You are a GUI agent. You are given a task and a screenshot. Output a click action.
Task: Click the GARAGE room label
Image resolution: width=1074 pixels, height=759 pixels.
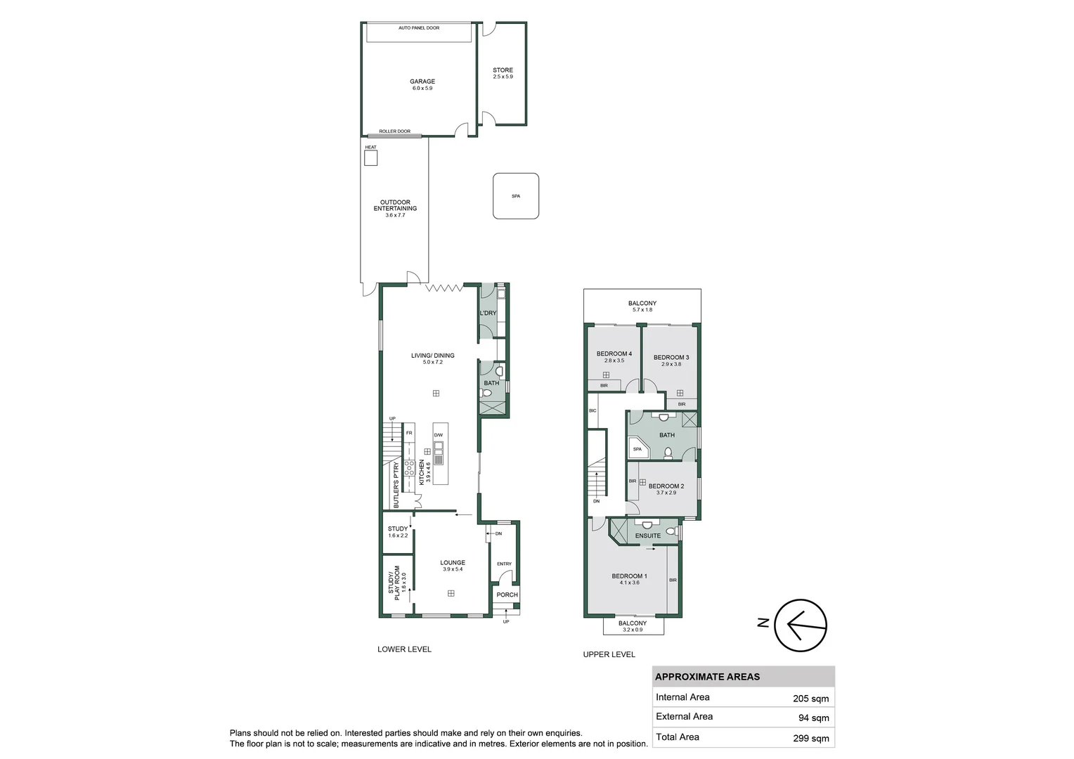pyautogui.click(x=422, y=82)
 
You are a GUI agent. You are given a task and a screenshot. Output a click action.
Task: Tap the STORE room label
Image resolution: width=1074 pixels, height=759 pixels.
pyautogui.click(x=503, y=70)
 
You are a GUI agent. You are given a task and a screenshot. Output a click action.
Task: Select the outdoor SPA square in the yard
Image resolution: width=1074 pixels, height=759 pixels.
pyautogui.click(x=516, y=196)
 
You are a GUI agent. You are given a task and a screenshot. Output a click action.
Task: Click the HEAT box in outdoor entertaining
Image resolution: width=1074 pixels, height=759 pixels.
pyautogui.click(x=370, y=158)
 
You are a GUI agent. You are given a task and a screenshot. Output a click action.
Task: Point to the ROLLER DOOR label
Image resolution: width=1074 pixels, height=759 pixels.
pyautogui.click(x=394, y=131)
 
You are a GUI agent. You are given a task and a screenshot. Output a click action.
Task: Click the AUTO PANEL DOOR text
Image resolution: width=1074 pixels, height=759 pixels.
pyautogui.click(x=419, y=28)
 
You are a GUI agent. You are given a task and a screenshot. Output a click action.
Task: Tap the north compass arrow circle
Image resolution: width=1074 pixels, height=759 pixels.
pyautogui.click(x=801, y=624)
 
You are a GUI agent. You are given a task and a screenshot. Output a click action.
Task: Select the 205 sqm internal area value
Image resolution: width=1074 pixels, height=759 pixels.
pyautogui.click(x=810, y=699)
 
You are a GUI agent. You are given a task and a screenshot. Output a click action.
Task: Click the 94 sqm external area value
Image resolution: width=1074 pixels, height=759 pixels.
pyautogui.click(x=814, y=718)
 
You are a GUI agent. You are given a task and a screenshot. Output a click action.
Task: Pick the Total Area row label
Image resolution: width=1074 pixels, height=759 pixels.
pyautogui.click(x=678, y=737)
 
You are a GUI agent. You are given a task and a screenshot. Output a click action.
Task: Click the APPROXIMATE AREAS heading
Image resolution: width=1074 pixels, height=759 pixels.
pyautogui.click(x=707, y=677)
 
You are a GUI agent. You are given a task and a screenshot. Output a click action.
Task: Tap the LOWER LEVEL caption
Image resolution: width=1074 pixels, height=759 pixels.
pyautogui.click(x=404, y=649)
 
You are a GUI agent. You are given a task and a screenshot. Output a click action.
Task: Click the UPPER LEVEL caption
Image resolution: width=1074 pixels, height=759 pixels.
pyautogui.click(x=609, y=654)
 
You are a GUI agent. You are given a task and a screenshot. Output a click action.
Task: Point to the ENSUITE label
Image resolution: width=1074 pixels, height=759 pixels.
pyautogui.click(x=647, y=536)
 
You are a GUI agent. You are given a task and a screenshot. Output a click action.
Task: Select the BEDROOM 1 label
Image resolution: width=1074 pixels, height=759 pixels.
pyautogui.click(x=629, y=576)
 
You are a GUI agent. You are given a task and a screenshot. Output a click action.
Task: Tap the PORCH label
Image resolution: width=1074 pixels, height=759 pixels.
pyautogui.click(x=507, y=595)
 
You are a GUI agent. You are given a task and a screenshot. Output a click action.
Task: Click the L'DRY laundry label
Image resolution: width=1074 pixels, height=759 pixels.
pyautogui.click(x=488, y=313)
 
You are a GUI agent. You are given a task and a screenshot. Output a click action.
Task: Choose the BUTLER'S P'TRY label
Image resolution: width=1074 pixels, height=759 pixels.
pyautogui.click(x=396, y=485)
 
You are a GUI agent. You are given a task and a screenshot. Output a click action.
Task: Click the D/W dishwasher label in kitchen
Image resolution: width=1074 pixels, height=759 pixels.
pyautogui.click(x=439, y=435)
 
